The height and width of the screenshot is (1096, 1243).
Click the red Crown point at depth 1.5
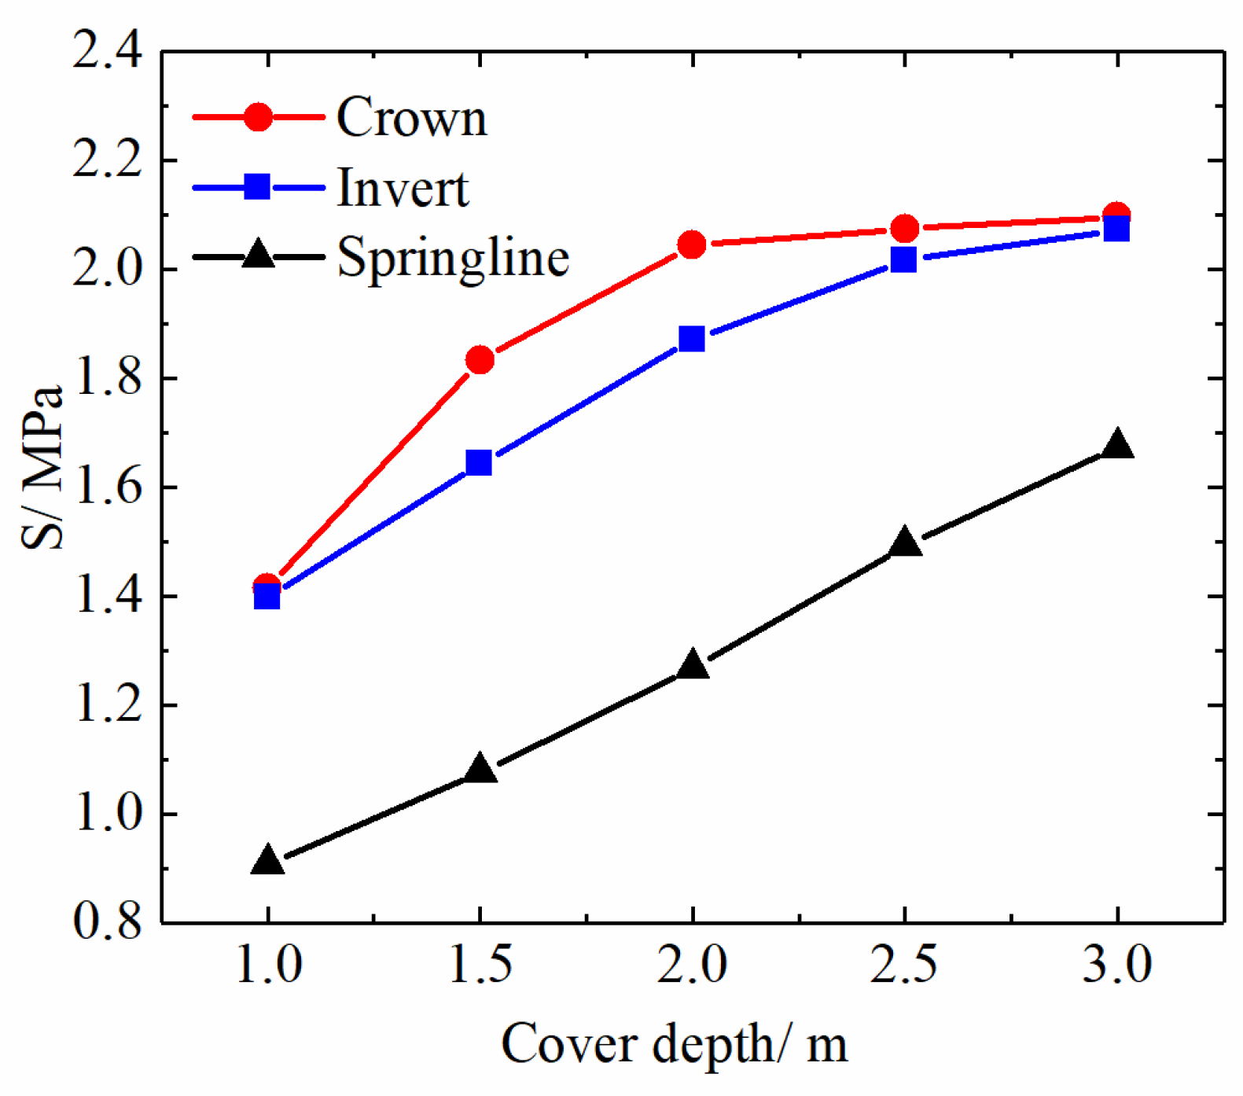tap(480, 360)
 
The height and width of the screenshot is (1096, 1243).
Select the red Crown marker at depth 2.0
tap(692, 245)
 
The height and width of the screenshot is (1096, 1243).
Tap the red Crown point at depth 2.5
tap(905, 229)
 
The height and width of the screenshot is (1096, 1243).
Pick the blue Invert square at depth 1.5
tap(479, 463)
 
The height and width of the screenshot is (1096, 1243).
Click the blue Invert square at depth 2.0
tap(692, 339)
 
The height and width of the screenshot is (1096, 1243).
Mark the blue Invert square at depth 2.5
tap(904, 259)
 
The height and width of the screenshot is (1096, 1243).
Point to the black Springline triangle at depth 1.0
tap(267, 861)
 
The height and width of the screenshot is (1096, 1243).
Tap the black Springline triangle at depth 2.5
tap(905, 543)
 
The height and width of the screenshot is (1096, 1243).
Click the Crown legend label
tap(412, 118)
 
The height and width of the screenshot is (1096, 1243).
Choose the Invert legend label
tap(403, 189)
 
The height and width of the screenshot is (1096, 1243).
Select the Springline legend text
tap(453, 257)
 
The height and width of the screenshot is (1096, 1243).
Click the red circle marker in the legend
tap(258, 117)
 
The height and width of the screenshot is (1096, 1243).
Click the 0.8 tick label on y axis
tap(108, 921)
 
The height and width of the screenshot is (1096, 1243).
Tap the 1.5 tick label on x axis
tap(480, 965)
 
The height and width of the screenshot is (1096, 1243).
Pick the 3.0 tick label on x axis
tap(1117, 965)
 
